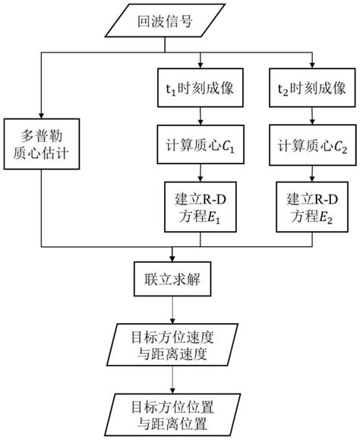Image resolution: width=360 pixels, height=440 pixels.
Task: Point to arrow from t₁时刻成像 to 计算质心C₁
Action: [200, 115]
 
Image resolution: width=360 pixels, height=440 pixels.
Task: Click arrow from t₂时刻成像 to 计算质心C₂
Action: [311, 115]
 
